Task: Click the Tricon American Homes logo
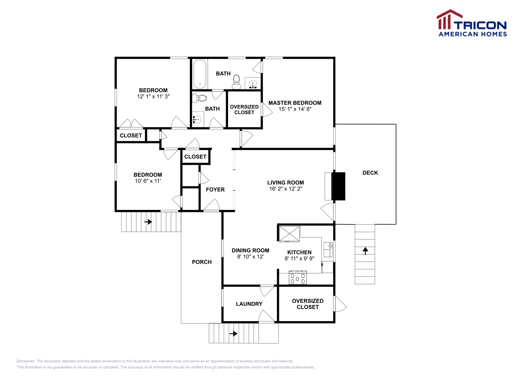[471, 23]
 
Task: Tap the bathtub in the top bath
[200, 74]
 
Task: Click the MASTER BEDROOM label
[295, 103]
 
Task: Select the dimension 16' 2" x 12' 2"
[285, 189]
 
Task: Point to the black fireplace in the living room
[338, 186]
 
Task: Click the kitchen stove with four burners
[298, 278]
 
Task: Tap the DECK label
[370, 173]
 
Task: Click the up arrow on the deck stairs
[365, 251]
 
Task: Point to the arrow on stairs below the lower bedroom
[148, 222]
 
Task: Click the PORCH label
[201, 262]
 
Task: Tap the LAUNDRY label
[249, 304]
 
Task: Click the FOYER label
[215, 190]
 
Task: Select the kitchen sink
[328, 249]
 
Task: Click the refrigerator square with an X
[289, 234]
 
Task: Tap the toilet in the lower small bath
[200, 98]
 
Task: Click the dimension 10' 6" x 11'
[148, 181]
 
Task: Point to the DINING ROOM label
[250, 250]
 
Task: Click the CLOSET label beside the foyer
[195, 157]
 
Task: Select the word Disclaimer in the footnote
[26, 361]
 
